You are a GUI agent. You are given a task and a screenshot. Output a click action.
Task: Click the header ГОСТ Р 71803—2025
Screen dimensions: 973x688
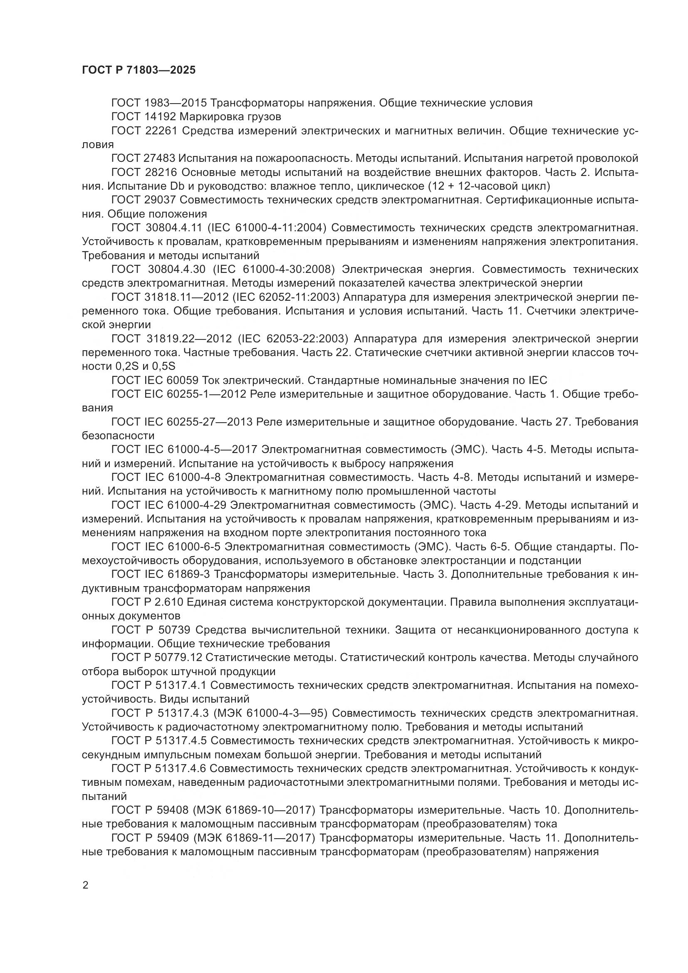point(139,70)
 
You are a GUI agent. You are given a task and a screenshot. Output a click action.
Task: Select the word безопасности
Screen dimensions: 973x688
point(118,436)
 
